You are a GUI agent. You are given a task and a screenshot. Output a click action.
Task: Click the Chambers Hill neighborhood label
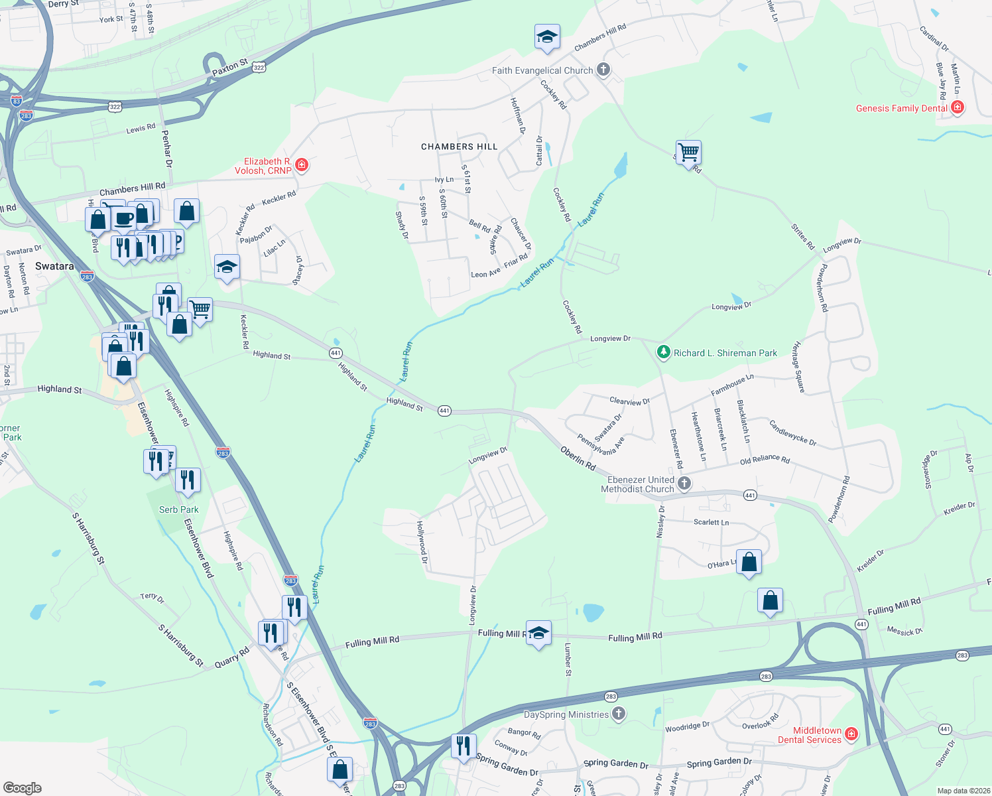coord(459,147)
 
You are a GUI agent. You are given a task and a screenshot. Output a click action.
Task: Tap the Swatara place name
coord(54,266)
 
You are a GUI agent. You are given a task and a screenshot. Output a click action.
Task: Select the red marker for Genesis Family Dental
coord(957,107)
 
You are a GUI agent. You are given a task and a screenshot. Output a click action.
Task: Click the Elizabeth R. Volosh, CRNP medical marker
coord(302,165)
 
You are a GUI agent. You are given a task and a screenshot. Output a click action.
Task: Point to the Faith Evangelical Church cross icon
coord(603,69)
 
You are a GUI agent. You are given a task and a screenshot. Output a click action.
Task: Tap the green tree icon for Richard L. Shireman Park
coord(663,352)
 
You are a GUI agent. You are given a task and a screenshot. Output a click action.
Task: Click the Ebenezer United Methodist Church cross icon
coord(684,484)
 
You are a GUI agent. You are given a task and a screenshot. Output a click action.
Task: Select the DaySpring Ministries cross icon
coord(618,714)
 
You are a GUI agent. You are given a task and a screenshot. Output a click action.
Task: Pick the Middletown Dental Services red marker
coord(851,734)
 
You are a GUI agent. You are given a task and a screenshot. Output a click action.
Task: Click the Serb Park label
coord(178,509)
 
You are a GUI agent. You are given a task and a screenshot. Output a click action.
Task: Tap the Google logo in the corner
coord(22,787)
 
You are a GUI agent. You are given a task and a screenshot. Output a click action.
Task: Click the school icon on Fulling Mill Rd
coord(538,633)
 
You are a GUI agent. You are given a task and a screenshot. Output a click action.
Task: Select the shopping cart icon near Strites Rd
coord(688,153)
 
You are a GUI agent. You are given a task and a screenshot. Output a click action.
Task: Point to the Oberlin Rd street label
coord(578,458)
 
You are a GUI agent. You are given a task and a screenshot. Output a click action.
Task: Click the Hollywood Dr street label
coord(422,542)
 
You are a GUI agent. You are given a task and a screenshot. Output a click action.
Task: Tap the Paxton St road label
coord(229,67)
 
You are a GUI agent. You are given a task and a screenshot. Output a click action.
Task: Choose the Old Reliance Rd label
coord(765,460)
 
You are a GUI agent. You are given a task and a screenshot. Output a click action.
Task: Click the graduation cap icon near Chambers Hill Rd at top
coord(547,37)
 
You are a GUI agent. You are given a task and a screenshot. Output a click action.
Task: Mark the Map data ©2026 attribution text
coord(963,791)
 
